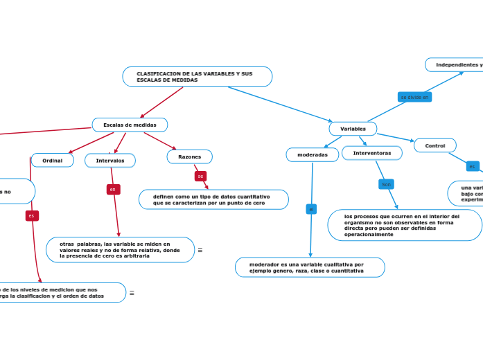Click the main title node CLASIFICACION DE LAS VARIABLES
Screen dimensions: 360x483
(x=197, y=76)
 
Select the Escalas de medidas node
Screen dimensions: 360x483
(x=130, y=125)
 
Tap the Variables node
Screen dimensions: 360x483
(x=353, y=129)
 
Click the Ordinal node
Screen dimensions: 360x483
(x=52, y=161)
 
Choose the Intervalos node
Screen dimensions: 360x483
(x=110, y=161)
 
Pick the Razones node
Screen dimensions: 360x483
(x=189, y=157)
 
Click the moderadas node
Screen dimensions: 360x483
(x=313, y=155)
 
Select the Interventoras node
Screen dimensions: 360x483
(x=372, y=152)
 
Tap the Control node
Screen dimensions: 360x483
(x=434, y=145)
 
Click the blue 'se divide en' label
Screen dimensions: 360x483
(x=414, y=97)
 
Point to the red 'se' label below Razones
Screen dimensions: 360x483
(x=200, y=177)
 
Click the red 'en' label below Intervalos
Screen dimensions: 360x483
(x=112, y=189)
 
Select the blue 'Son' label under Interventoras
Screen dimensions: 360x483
(x=386, y=184)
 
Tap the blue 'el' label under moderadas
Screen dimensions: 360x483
(x=311, y=209)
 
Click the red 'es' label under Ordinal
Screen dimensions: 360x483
(x=31, y=216)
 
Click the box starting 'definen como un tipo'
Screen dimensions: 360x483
(x=213, y=199)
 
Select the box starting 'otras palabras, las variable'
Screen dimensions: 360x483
(x=120, y=250)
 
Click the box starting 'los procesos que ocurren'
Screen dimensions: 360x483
(x=404, y=225)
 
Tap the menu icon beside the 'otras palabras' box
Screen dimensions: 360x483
(x=200, y=250)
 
